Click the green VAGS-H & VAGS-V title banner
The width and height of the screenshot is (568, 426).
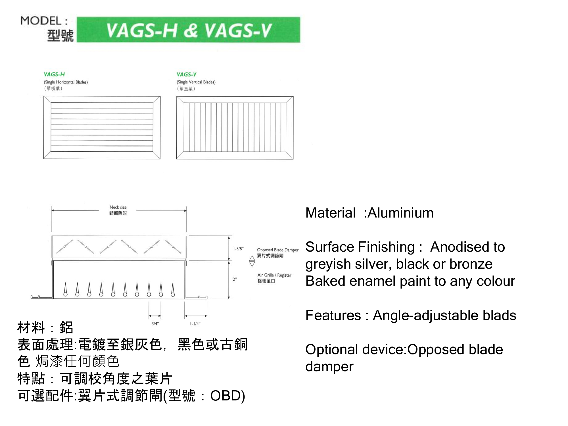188,30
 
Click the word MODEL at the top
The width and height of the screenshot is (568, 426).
41,21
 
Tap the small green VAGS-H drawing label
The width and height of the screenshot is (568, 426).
54,74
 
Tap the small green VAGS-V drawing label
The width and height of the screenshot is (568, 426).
187,74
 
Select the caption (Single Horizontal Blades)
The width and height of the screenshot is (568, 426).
66,82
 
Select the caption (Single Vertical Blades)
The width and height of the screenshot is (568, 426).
196,82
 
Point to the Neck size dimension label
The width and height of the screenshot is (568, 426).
118,207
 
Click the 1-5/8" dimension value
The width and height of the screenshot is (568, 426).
238,249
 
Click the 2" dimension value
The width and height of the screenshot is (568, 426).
235,279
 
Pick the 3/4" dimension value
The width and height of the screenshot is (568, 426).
155,323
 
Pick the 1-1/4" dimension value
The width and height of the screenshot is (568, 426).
195,323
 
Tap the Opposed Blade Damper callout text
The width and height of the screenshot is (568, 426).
278,250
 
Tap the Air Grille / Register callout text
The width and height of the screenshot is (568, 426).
274,275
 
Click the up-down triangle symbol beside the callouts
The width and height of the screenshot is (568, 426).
252,261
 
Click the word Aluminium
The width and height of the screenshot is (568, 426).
400,213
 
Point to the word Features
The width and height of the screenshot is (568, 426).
333,315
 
